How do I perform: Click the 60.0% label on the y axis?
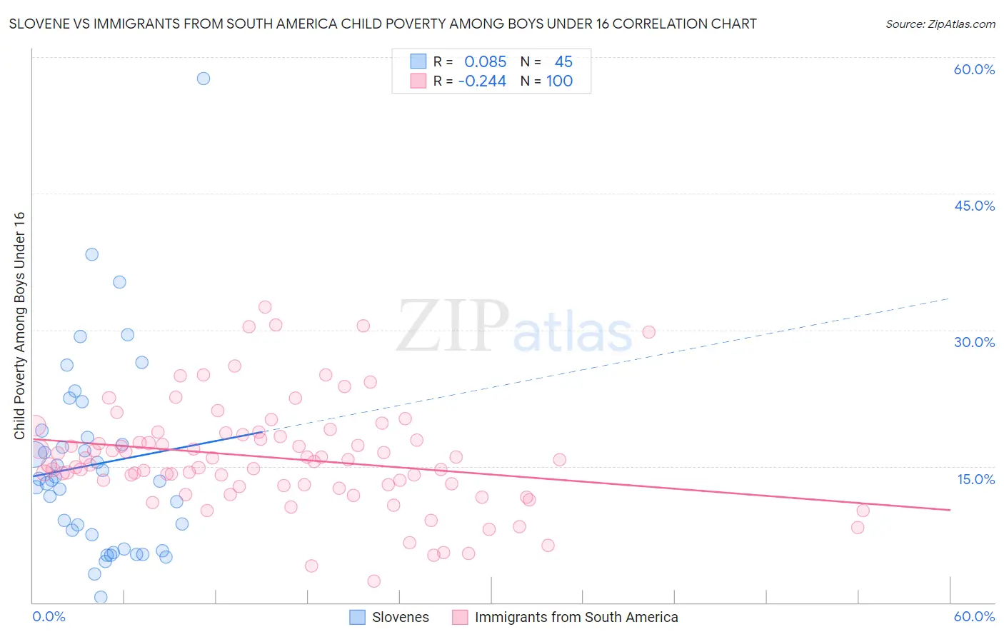(974, 69)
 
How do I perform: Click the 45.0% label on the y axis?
(974, 206)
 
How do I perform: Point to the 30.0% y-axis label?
(974, 342)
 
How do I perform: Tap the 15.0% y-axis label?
(975, 479)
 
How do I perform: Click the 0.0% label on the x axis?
(49, 616)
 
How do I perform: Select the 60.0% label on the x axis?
(974, 616)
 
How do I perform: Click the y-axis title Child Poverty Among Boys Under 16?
(19, 325)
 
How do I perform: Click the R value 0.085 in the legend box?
(485, 62)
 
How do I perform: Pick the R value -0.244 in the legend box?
(482, 81)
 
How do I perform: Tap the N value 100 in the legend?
(559, 81)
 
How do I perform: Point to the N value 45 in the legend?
(563, 62)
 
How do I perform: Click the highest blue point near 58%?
(204, 79)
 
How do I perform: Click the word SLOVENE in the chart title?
(39, 24)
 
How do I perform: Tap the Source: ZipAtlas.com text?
(940, 24)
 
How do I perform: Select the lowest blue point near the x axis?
(101, 597)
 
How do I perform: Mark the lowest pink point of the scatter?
(374, 581)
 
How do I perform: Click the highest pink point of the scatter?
(265, 307)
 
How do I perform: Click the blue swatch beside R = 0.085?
(418, 61)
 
